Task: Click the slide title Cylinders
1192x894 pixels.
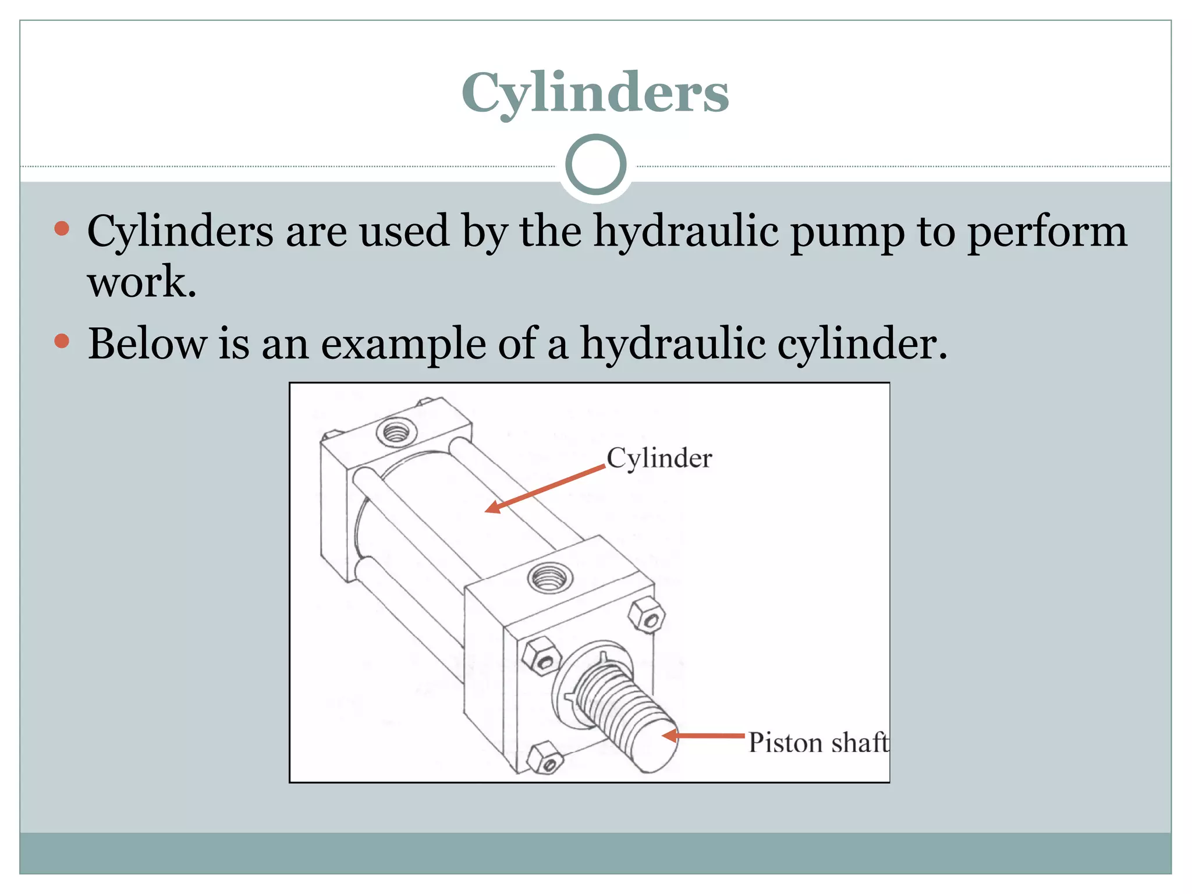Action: [595, 93]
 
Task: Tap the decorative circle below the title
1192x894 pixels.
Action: [595, 165]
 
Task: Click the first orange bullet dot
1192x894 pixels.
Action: [62, 228]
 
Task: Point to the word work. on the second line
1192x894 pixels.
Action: [141, 282]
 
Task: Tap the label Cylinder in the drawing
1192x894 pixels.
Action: [659, 459]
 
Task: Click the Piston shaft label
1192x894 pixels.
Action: [818, 743]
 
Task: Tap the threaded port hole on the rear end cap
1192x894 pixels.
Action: [396, 432]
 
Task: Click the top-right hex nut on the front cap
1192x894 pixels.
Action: [647, 615]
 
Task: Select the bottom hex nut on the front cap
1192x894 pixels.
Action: [544, 757]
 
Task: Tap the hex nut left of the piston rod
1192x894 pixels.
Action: [541, 656]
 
